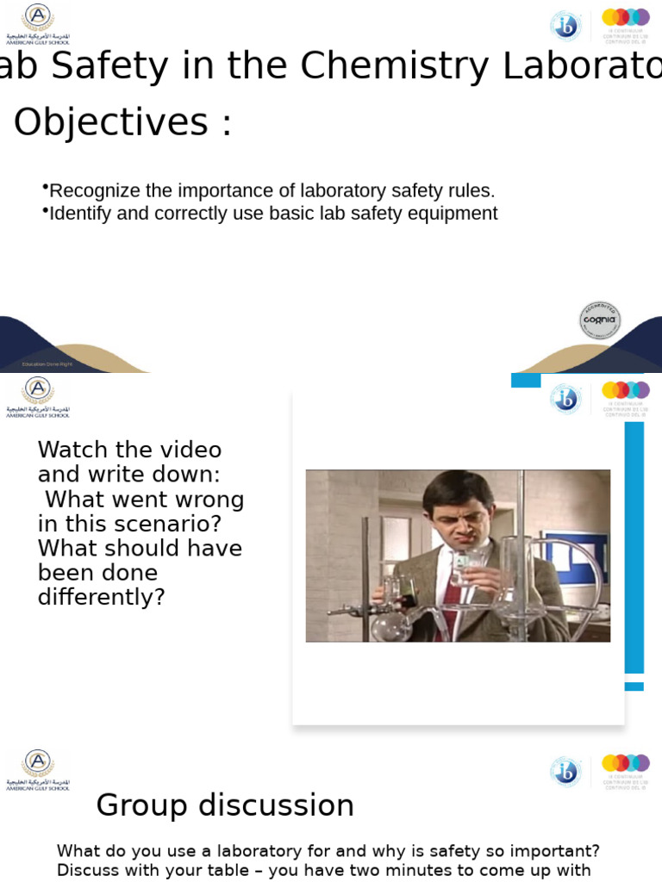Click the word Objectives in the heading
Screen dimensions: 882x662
[111, 122]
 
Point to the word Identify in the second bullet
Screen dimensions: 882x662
[81, 214]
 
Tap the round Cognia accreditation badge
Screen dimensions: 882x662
[600, 320]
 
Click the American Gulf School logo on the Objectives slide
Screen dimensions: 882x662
[37, 23]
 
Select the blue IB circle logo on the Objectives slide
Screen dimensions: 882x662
[565, 25]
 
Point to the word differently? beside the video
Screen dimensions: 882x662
[101, 597]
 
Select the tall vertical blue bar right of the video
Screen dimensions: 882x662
[634, 547]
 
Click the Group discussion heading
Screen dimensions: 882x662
[225, 805]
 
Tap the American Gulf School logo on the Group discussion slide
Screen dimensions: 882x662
[37, 769]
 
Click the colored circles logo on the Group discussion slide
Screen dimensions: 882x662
[625, 763]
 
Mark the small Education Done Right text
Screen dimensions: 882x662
[47, 364]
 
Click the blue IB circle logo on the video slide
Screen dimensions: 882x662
[565, 398]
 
